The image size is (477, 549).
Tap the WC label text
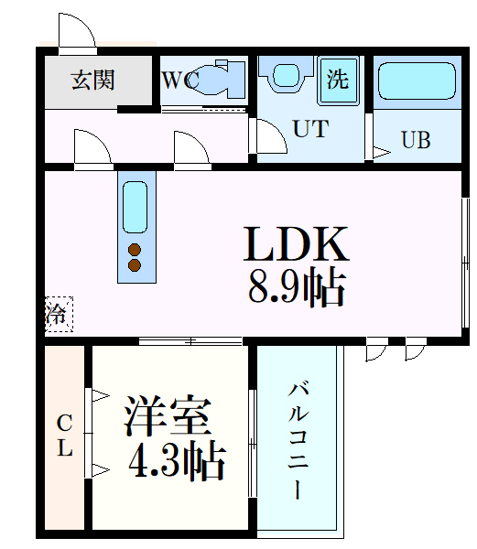pyautogui.click(x=179, y=81)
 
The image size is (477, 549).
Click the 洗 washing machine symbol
pyautogui.click(x=339, y=80)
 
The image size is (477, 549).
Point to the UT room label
pyautogui.click(x=309, y=129)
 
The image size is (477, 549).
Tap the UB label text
pyautogui.click(x=415, y=141)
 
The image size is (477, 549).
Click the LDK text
pyautogui.click(x=296, y=245)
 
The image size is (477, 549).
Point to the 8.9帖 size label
pyautogui.click(x=296, y=289)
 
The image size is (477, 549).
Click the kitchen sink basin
pyautogui.click(x=134, y=208)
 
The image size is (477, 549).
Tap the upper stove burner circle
pyautogui.click(x=135, y=250)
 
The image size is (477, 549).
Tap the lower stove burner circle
pyautogui.click(x=135, y=265)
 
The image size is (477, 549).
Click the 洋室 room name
pyautogui.click(x=168, y=417)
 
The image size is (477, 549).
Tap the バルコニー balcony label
pyautogui.click(x=298, y=439)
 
